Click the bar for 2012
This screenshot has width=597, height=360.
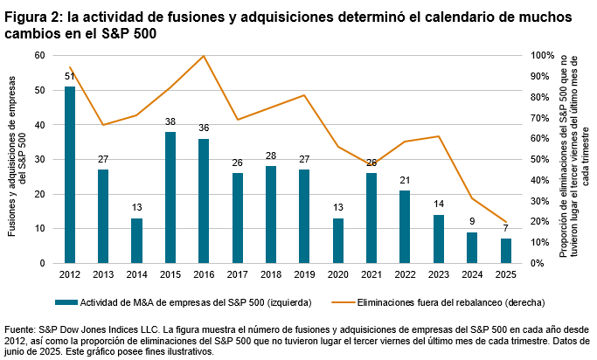click(x=70, y=175)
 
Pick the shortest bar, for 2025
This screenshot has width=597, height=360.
click(x=506, y=251)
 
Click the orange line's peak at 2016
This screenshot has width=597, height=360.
click(x=204, y=56)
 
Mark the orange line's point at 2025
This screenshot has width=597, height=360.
click(x=506, y=222)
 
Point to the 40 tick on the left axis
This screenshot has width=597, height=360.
click(x=39, y=125)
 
